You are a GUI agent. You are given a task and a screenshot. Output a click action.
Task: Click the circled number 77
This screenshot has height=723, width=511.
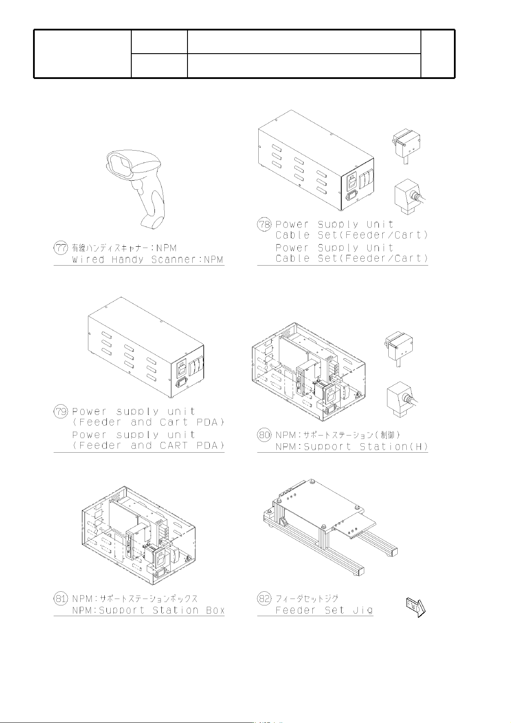[x=60, y=248]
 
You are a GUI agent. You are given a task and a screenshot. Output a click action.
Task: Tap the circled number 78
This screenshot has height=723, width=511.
[x=264, y=224]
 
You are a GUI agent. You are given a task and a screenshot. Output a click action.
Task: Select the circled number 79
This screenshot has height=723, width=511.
[x=60, y=411]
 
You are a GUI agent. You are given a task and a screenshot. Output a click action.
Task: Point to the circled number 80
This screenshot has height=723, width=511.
[x=264, y=435]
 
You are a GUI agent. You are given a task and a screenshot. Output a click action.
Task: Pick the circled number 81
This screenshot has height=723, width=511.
[x=60, y=599]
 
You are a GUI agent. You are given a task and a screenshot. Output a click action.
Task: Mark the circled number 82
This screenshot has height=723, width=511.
[x=264, y=599]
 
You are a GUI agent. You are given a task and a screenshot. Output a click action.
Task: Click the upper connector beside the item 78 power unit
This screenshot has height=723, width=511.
[x=406, y=145]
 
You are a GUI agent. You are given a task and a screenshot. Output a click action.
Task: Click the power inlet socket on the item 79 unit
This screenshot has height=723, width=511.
[x=181, y=384]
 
